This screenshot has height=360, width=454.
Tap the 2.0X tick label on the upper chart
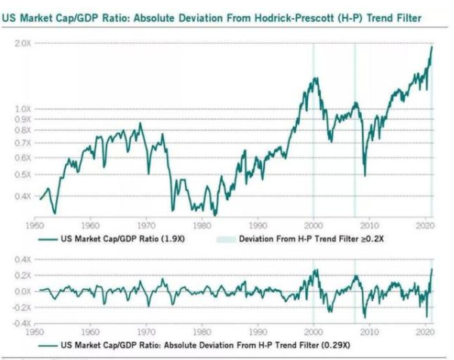pos(23,44)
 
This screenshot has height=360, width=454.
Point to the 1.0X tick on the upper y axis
pos(23,109)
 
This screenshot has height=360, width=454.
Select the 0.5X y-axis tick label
pos(23,174)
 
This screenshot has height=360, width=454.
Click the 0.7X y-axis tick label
pos(23,143)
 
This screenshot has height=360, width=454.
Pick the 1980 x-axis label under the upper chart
pos(201,225)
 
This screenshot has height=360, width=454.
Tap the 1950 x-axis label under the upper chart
pos(33,225)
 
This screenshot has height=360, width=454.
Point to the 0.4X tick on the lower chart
pos(22,260)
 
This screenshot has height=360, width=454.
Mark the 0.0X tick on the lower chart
pos(22,291)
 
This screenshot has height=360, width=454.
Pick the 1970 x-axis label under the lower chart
pos(145,331)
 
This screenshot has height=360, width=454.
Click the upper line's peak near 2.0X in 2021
pos(431,47)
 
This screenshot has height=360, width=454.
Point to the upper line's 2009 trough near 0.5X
pos(364,175)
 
